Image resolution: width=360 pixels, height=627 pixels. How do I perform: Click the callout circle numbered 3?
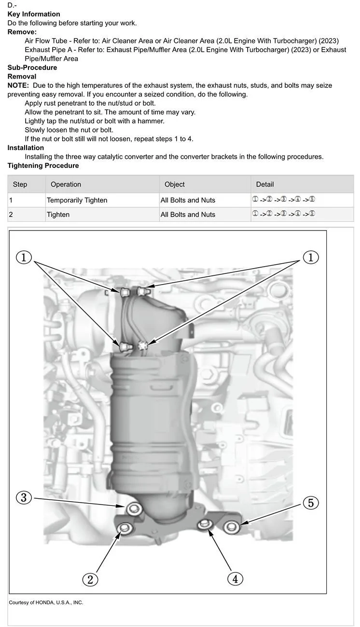24,497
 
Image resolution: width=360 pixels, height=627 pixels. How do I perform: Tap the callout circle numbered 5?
310,503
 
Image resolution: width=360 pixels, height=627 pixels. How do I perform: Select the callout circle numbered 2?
90,579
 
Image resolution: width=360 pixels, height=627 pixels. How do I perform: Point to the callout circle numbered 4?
235,578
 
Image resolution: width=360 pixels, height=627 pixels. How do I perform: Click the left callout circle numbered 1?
24,258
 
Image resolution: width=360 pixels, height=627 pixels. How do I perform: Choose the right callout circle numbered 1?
310,258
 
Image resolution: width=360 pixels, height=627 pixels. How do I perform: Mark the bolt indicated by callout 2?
125,529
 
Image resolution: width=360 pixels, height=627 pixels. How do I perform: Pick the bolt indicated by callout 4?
205,524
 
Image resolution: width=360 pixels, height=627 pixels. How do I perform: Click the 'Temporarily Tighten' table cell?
77,200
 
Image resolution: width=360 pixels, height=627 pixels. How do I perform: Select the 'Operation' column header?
66,184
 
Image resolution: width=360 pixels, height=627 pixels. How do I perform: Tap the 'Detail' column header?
265,184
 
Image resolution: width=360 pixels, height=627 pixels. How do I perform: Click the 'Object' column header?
175,184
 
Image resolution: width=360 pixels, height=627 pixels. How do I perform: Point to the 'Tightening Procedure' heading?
43,165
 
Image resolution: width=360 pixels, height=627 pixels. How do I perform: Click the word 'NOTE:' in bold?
18,85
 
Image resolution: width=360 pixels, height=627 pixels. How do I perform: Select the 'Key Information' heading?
34,14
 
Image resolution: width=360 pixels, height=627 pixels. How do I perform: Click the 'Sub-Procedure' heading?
32,68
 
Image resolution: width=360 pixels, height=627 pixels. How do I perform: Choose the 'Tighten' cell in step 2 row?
58,215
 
